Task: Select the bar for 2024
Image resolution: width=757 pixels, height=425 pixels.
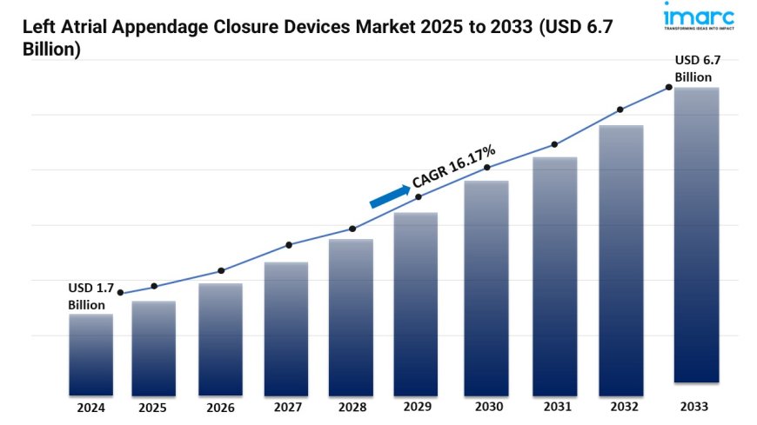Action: [x=90, y=355]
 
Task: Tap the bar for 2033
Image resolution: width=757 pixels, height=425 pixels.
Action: [x=697, y=235]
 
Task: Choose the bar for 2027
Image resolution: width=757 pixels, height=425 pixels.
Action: [x=286, y=328]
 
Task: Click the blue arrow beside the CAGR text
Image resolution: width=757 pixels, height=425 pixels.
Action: [x=389, y=196]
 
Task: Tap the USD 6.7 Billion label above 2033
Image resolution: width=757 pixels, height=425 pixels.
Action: [x=698, y=68]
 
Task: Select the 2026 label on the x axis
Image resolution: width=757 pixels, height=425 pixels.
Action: [x=220, y=407]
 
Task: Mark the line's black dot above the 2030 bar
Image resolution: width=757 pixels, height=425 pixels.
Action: [x=487, y=167]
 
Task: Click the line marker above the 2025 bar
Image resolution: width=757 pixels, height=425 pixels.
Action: [x=154, y=286]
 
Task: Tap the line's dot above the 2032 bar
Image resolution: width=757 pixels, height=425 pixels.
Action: [x=620, y=110]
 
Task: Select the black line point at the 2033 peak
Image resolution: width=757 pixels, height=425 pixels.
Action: [x=668, y=87]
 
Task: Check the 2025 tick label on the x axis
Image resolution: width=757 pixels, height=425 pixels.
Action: [x=154, y=406]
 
